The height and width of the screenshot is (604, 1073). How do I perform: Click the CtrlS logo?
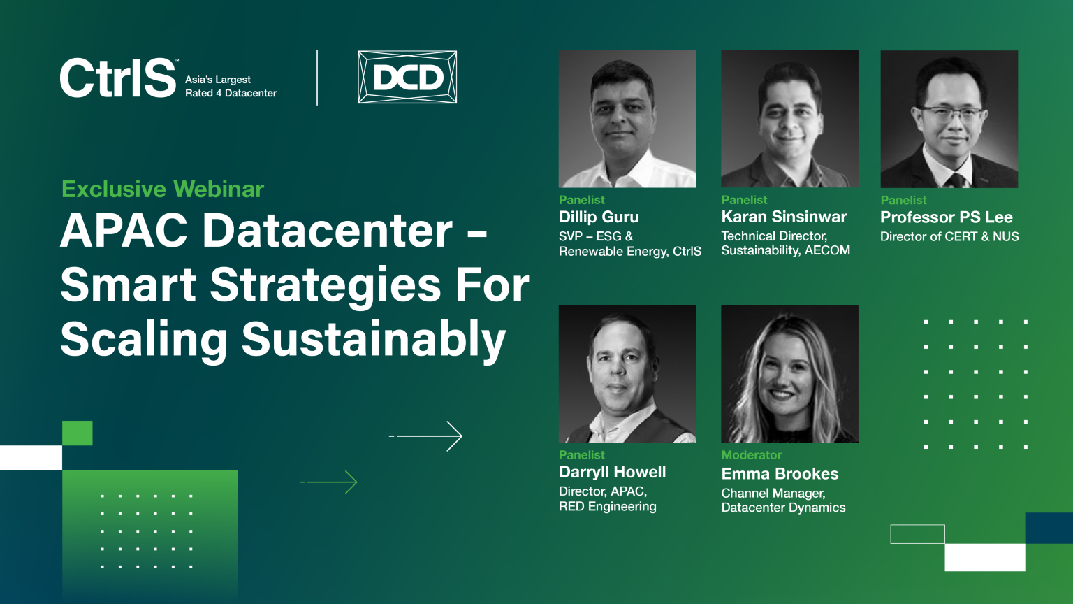118,78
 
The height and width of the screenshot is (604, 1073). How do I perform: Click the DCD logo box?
407,77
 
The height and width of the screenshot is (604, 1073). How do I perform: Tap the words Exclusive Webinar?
162,189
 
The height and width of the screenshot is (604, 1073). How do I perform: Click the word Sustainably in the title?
374,339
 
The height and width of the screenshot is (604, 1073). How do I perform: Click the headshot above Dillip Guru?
627,119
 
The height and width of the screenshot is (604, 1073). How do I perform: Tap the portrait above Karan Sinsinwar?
789,119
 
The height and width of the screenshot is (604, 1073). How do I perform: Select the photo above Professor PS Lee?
949,119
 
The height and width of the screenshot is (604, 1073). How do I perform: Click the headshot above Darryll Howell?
627,374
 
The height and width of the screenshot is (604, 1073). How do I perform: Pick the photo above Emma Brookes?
789,374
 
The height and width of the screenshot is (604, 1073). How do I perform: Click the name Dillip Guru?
599,217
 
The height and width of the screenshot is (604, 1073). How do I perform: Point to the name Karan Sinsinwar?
784,217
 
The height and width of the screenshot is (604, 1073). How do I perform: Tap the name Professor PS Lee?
947,217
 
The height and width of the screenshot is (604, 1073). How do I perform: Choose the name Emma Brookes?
780,473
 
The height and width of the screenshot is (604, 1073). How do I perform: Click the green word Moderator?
752,455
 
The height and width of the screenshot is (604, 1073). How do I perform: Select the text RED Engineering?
607,507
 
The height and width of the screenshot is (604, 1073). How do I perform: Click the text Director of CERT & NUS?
949,236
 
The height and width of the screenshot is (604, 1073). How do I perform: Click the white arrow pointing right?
426,436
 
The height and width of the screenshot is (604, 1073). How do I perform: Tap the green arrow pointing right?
329,482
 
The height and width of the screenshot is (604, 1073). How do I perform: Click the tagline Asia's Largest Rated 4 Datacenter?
231,86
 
